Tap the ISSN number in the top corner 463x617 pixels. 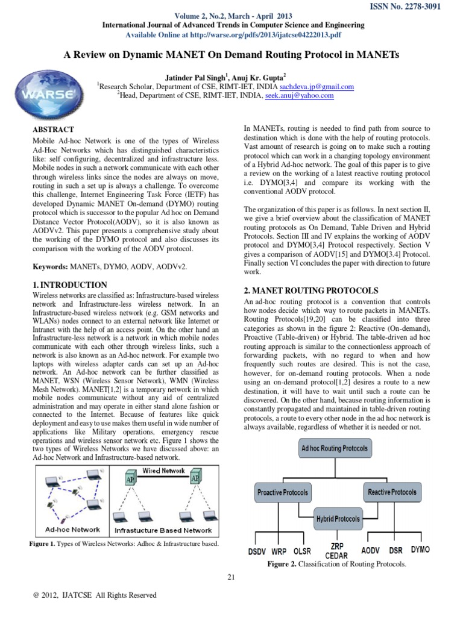tap(413, 7)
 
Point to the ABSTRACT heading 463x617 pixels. tap(54, 130)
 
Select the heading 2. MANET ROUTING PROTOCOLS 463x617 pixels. tap(310, 290)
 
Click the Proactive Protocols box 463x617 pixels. tap(282, 492)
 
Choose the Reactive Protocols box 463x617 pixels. tap(392, 492)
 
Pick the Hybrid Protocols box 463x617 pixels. tap(338, 518)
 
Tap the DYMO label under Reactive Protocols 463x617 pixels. tap(420, 550)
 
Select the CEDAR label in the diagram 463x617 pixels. tap(336, 556)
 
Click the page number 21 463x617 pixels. tap(231, 578)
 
